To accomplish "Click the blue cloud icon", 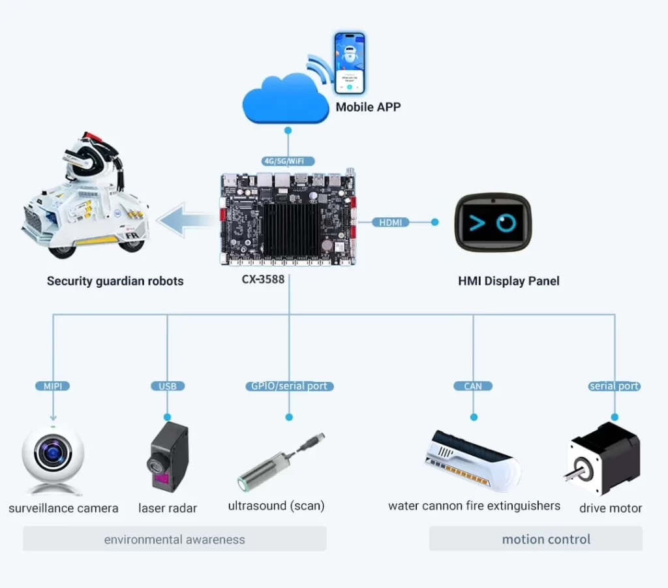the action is [286, 99].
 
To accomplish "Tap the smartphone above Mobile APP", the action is [350, 63].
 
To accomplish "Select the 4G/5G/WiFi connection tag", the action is [288, 161].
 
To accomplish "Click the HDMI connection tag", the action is [391, 222].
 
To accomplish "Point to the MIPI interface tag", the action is [53, 386].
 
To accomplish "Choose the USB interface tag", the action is [168, 386].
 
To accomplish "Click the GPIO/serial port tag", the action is [289, 386].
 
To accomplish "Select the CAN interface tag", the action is [473, 386].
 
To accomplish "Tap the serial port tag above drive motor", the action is [615, 386].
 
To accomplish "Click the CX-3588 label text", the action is [263, 279].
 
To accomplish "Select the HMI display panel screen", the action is [493, 223].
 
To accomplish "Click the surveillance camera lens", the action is [53, 452].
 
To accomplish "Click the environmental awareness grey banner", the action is [175, 539].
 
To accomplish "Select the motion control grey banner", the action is [536, 539].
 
